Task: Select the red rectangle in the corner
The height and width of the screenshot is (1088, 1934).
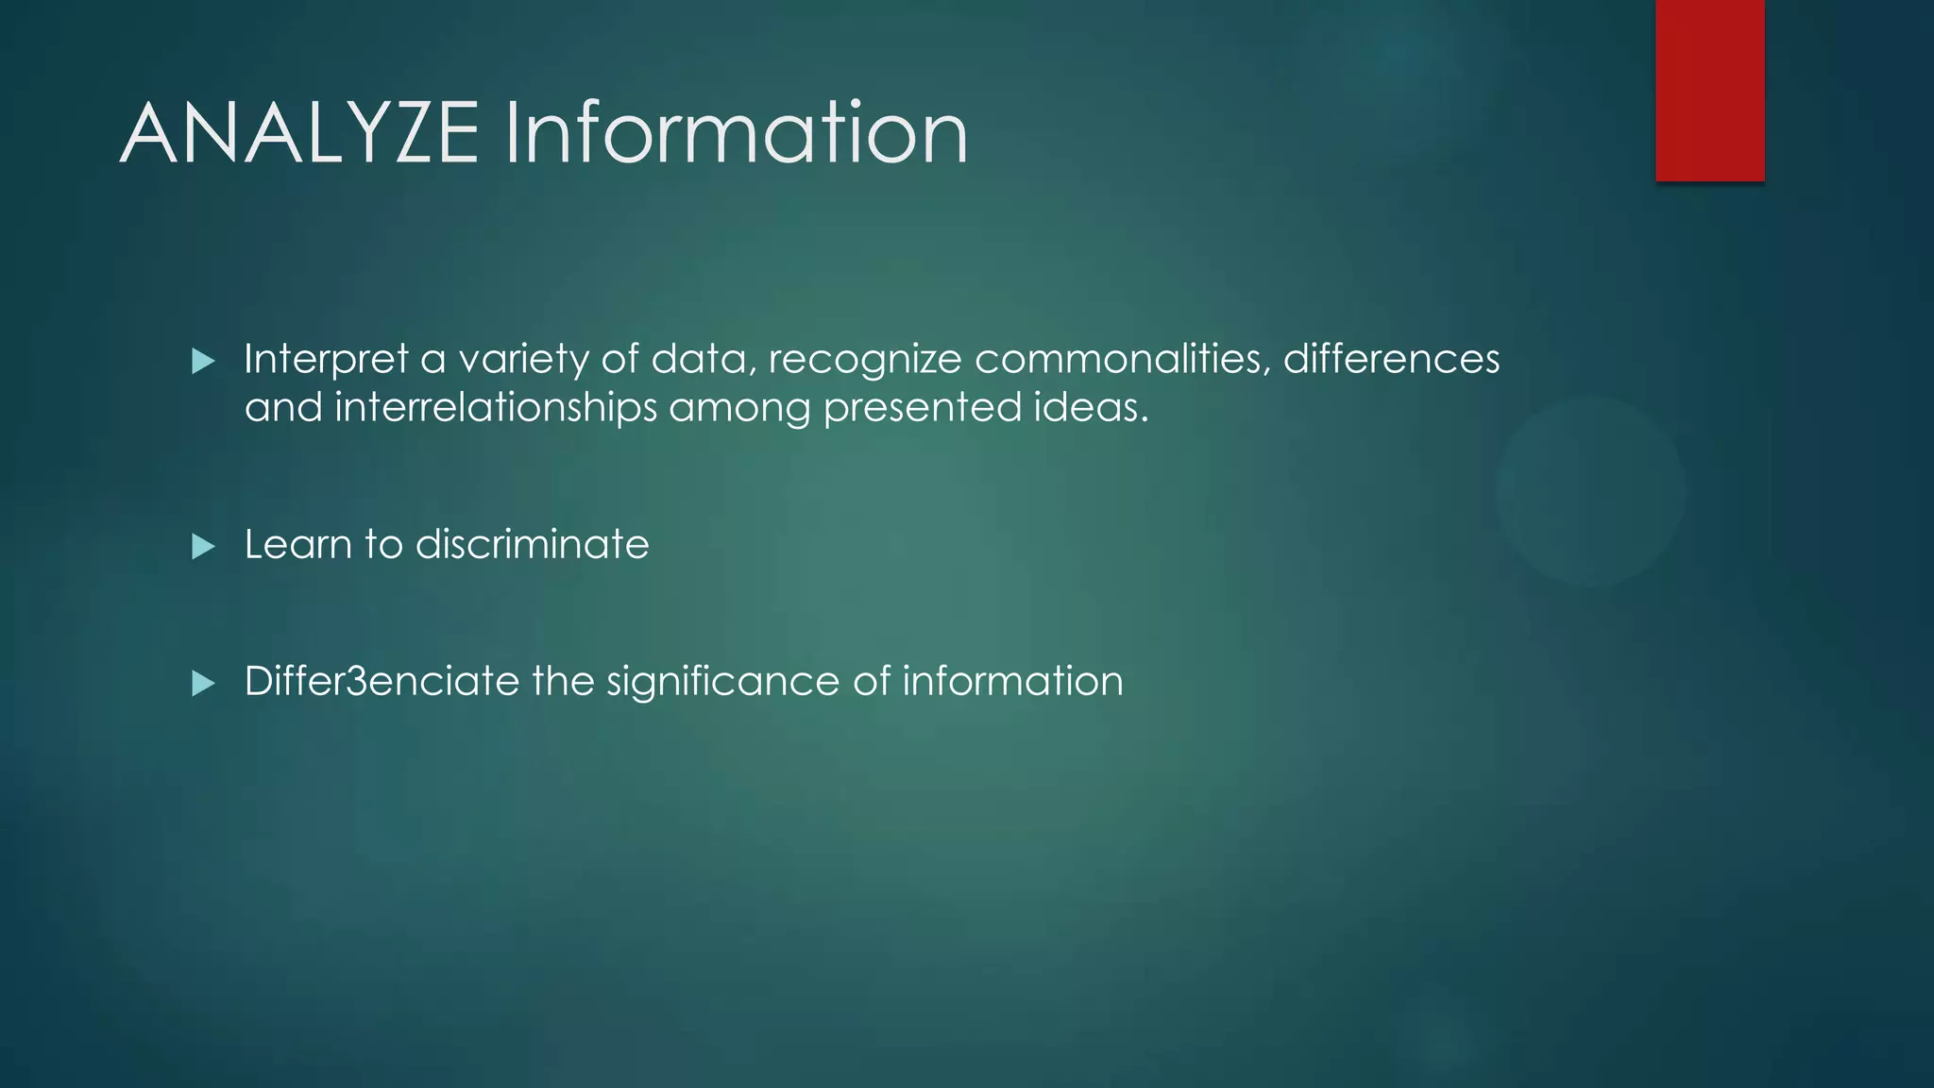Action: (x=1709, y=91)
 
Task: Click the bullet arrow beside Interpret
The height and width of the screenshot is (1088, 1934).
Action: (x=203, y=361)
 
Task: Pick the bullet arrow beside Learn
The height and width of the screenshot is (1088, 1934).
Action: (x=203, y=546)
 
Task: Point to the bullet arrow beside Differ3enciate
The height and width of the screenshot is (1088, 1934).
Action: (x=203, y=683)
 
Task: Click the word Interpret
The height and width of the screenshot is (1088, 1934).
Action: (x=326, y=360)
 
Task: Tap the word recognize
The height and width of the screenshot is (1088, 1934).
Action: (x=869, y=360)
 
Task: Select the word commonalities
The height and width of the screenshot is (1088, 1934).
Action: (x=1122, y=360)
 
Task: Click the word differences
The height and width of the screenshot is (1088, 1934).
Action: (x=1391, y=360)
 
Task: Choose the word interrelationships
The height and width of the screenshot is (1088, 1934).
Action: (x=496, y=408)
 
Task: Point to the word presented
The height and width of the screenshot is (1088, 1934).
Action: (x=922, y=408)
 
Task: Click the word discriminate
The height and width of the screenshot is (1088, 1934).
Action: (x=532, y=545)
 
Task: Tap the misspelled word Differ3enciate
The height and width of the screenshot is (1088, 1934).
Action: (x=382, y=682)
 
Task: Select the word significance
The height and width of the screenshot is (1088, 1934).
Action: (x=722, y=682)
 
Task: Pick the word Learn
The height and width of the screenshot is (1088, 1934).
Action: (x=297, y=545)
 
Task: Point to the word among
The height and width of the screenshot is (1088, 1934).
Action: (x=739, y=408)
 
